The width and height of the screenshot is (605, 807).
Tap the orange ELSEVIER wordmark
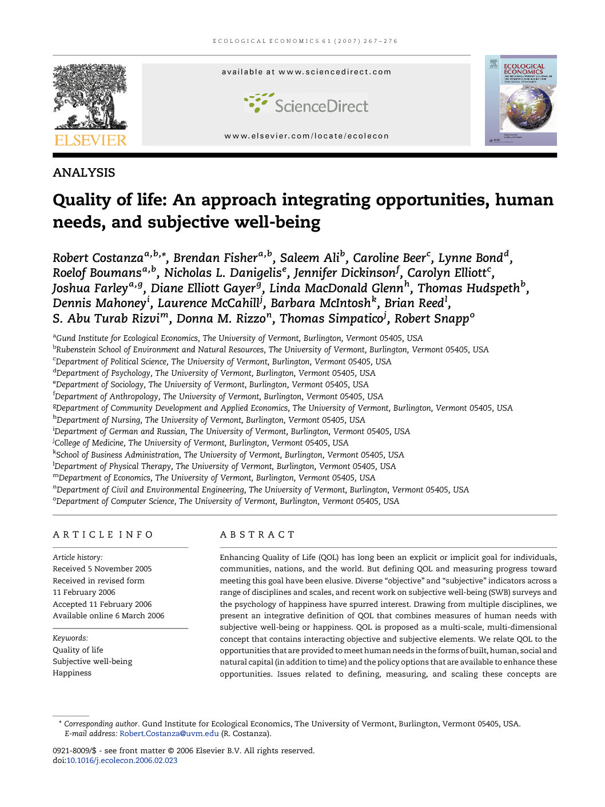click(90, 140)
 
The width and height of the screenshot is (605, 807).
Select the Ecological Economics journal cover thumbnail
click(520, 100)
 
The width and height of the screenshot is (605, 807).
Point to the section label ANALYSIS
click(83, 173)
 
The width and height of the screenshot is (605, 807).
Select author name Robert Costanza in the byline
click(98, 258)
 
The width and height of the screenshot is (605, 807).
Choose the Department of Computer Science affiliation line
click(226, 501)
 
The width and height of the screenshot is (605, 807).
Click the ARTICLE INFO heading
click(103, 535)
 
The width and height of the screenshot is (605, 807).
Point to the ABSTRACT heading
click(257, 535)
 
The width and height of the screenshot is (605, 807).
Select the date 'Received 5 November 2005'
click(102, 569)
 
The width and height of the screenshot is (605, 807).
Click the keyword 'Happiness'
click(72, 673)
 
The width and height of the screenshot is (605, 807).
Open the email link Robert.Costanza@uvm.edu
click(169, 734)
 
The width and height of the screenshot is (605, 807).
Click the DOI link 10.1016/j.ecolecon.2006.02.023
click(122, 761)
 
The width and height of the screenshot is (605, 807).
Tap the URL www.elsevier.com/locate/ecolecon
click(307, 136)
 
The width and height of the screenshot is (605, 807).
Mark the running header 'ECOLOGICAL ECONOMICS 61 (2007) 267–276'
click(305, 41)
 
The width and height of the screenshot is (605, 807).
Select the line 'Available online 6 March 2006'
click(109, 616)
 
